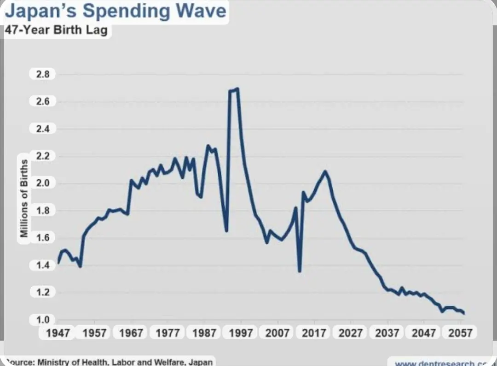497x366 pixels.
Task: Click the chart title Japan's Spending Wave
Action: tap(115, 11)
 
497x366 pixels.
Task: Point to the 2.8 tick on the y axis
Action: tap(42, 74)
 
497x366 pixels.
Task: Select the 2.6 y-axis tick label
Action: tap(42, 101)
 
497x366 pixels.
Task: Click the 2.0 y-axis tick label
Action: tap(42, 183)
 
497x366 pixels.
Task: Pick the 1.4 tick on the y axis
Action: tap(42, 265)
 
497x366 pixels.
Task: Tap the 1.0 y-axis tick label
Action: tap(42, 319)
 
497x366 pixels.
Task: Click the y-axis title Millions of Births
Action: tap(24, 198)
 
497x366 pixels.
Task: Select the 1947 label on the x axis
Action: tap(58, 333)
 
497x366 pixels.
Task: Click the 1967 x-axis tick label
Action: tap(131, 333)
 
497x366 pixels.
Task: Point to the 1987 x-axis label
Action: tap(204, 333)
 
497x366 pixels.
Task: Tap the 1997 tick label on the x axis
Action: tap(241, 333)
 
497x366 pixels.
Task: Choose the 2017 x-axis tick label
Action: tap(314, 333)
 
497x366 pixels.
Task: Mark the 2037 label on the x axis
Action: tap(387, 333)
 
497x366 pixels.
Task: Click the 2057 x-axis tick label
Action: tap(460, 333)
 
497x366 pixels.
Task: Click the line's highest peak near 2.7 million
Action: tap(237, 89)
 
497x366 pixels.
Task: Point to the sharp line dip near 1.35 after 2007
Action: tap(300, 271)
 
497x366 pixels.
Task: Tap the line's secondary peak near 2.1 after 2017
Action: tap(325, 171)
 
